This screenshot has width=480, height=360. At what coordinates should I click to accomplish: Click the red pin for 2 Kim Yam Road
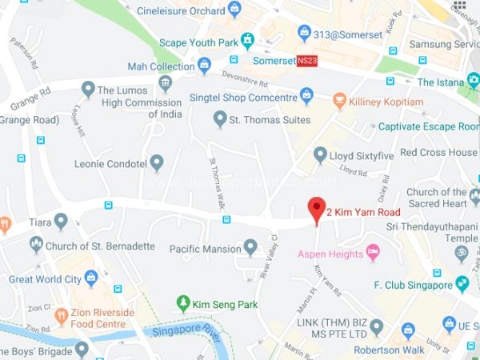point(317,209)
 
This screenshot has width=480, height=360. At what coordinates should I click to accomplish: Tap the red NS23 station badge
point(307,60)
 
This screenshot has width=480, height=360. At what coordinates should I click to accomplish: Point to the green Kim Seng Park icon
point(183,303)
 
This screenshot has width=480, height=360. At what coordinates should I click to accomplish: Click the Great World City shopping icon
point(90,278)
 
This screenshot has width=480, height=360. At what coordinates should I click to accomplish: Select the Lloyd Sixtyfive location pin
point(320,154)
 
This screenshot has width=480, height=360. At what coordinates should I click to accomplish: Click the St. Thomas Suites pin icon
point(220,119)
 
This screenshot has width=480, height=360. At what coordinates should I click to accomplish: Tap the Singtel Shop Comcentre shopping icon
point(306,98)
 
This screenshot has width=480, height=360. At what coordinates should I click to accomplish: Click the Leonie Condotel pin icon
point(157,163)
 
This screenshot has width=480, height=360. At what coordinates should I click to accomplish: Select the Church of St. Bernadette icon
point(36,245)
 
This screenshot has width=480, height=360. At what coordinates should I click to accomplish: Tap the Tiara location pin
point(61,222)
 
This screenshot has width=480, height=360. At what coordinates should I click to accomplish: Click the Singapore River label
point(186,330)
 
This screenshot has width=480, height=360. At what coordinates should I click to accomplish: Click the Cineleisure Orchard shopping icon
point(234,10)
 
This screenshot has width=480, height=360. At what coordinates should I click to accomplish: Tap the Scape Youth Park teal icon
point(248,38)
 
